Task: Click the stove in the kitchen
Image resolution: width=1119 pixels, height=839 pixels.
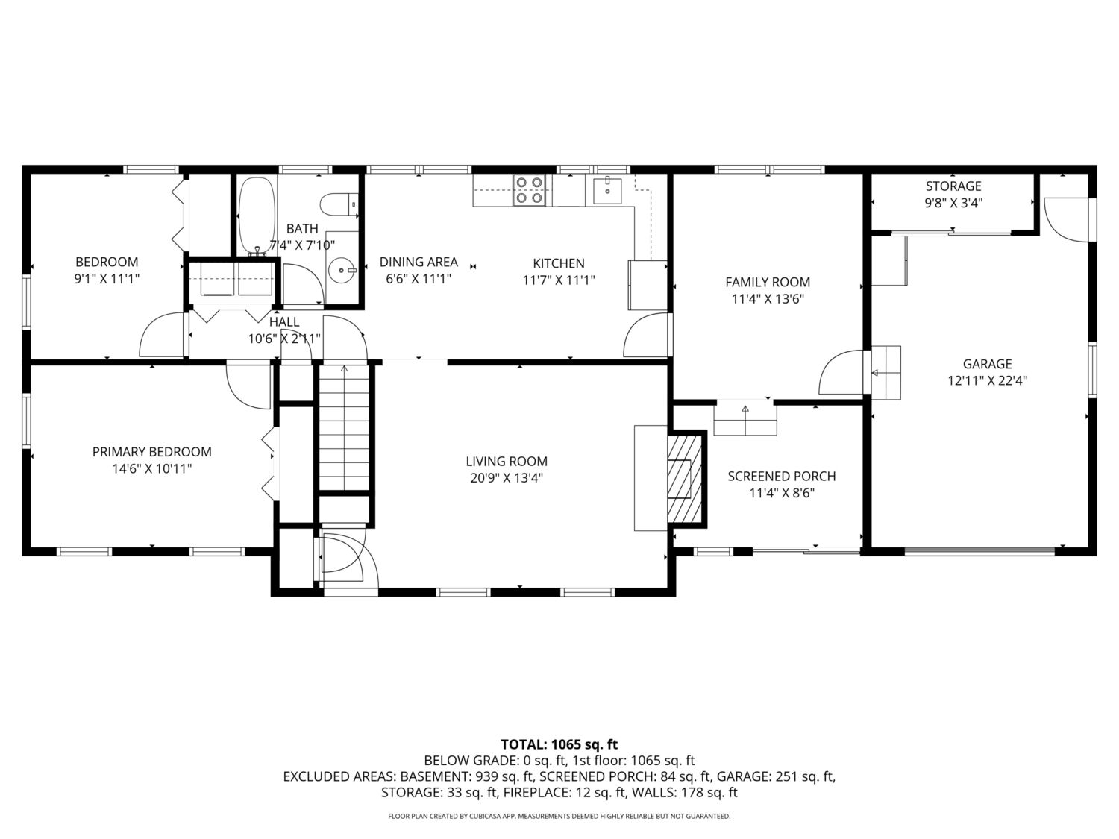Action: pyautogui.click(x=529, y=190)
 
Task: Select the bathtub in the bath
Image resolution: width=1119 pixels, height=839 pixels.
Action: pyautogui.click(x=257, y=216)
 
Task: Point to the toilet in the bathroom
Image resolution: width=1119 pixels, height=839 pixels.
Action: pyautogui.click(x=339, y=204)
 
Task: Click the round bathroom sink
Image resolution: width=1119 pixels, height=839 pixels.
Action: pyautogui.click(x=341, y=270)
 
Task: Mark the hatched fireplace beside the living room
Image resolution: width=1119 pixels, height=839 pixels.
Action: pyautogui.click(x=686, y=478)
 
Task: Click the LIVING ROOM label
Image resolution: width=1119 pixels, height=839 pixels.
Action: pyautogui.click(x=507, y=462)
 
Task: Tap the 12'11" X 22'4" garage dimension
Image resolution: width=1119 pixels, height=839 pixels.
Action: pyautogui.click(x=988, y=381)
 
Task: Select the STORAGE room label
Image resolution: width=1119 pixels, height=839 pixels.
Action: pyautogui.click(x=954, y=186)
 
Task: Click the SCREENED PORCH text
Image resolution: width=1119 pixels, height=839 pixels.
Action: pyautogui.click(x=782, y=477)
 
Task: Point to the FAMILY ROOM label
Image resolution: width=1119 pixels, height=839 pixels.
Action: pyautogui.click(x=768, y=282)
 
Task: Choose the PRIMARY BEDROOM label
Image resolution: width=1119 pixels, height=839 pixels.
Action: pyautogui.click(x=152, y=452)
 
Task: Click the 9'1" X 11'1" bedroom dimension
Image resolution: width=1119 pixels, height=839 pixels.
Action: pyautogui.click(x=107, y=279)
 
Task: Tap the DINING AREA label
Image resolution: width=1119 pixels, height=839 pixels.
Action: pyautogui.click(x=419, y=262)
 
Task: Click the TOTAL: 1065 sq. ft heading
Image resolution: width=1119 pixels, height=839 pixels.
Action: pyautogui.click(x=559, y=744)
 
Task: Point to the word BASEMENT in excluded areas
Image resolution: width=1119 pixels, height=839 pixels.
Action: pyautogui.click(x=433, y=776)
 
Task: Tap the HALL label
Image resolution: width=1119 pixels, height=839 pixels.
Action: pyautogui.click(x=284, y=322)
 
